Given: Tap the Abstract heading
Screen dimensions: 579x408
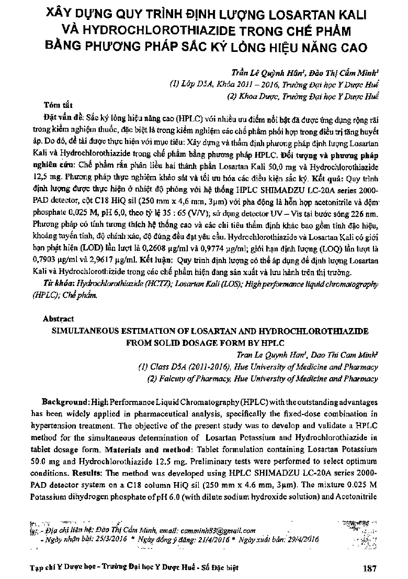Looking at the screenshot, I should pyautogui.click(x=59, y=319).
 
